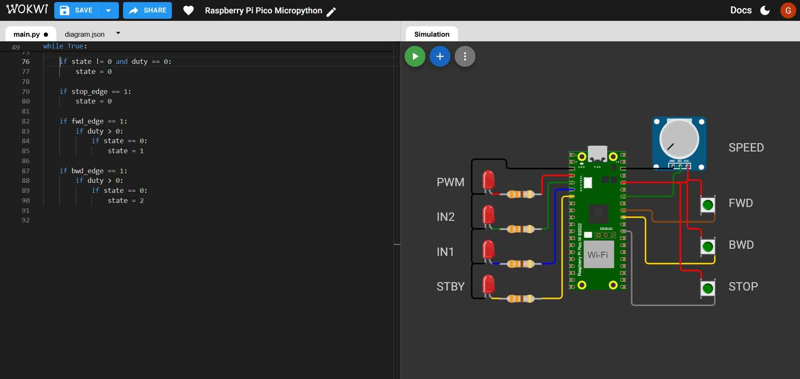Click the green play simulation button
coord(415,56)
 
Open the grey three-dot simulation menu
coord(465,56)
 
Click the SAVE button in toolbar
coord(76,10)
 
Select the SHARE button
coord(148,10)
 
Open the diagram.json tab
coord(85,34)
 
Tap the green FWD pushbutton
coord(708,205)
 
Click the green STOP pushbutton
coord(708,288)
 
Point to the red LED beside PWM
coord(488,180)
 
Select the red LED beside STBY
coord(488,285)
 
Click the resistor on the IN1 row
coord(520,264)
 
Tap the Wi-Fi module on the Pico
coord(598,254)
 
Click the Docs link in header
coord(741,10)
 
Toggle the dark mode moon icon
coord(765,10)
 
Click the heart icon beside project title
coord(189,10)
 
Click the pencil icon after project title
coord(331,12)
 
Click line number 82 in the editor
coord(26,121)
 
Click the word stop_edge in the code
coord(90,91)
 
